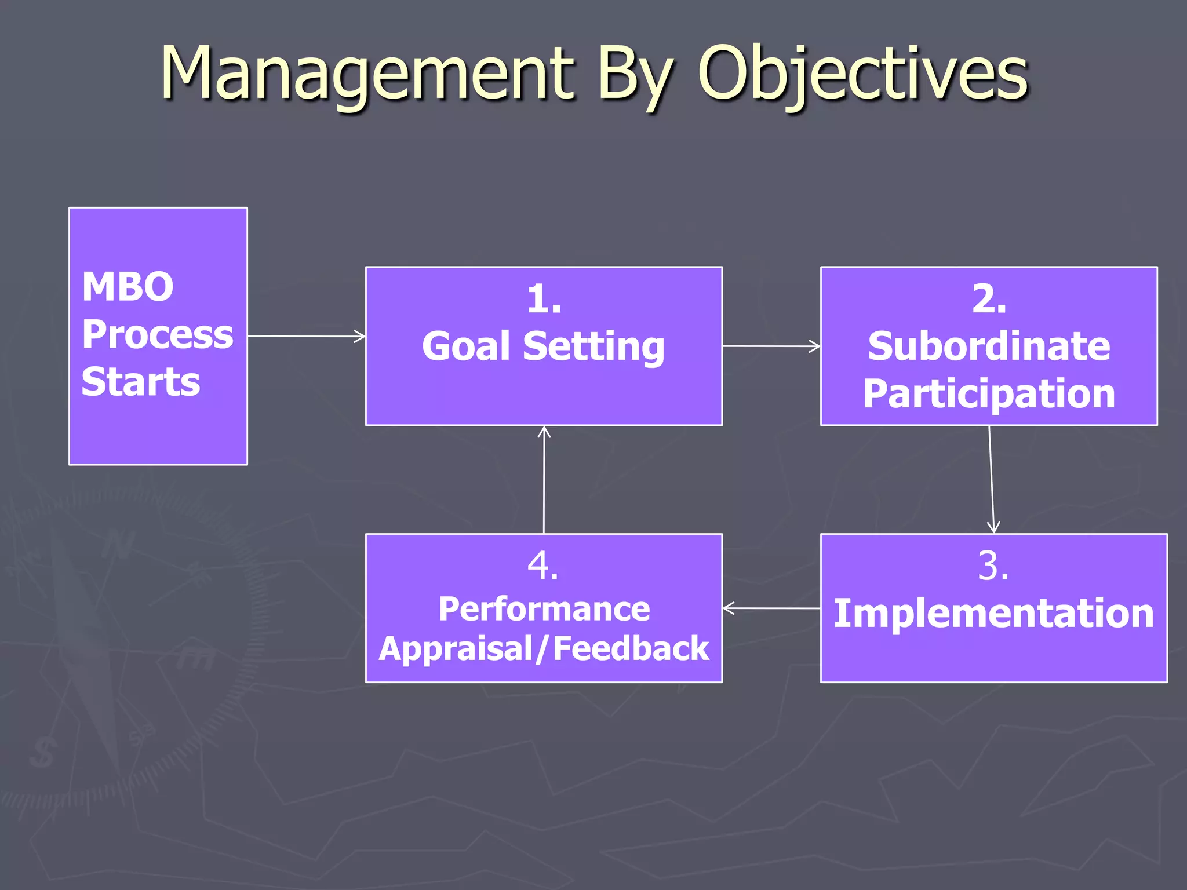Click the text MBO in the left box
click(x=128, y=287)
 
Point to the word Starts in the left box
click(x=141, y=382)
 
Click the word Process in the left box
click(x=157, y=335)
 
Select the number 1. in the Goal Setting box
click(x=544, y=300)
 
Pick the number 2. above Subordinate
click(x=989, y=300)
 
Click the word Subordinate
click(x=989, y=346)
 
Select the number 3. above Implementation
click(x=993, y=566)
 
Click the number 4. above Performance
click(x=543, y=566)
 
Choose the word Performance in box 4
click(x=544, y=609)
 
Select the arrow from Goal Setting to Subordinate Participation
click(x=771, y=346)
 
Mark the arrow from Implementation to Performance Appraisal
click(x=771, y=608)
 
